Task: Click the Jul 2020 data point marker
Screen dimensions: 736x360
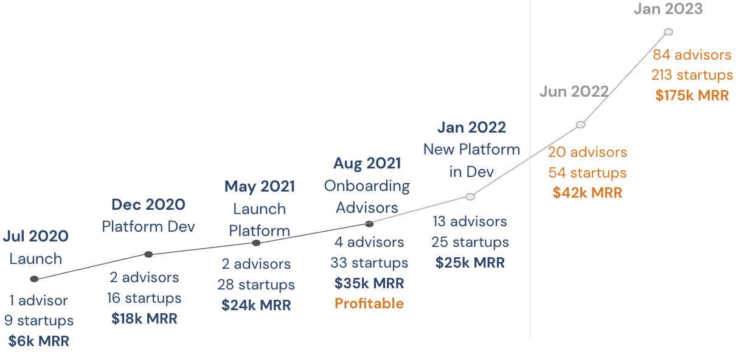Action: click(34, 279)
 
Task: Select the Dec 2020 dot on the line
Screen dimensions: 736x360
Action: click(148, 254)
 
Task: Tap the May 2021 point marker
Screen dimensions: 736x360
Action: click(256, 243)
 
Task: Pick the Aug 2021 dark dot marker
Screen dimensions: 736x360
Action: click(369, 224)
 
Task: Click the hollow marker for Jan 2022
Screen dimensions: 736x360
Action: click(470, 197)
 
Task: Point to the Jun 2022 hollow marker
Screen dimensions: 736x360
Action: click(580, 125)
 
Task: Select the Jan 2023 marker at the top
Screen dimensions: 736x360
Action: click(668, 32)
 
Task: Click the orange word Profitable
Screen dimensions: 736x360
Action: click(369, 303)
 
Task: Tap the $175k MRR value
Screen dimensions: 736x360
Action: click(692, 95)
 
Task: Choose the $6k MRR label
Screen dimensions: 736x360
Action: click(39, 341)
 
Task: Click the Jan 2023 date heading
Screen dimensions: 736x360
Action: click(668, 9)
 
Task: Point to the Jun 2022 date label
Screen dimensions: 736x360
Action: click(574, 91)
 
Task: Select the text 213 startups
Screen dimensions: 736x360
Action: click(692, 75)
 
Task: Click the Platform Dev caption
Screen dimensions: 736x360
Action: click(148, 226)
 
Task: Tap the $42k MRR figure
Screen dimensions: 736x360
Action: click(587, 193)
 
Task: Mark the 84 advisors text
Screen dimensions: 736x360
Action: click(692, 55)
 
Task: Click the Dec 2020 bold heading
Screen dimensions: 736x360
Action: click(148, 204)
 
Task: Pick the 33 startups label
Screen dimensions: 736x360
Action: click(369, 263)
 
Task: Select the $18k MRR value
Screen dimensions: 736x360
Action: click(144, 319)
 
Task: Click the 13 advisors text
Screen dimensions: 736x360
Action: click(470, 221)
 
